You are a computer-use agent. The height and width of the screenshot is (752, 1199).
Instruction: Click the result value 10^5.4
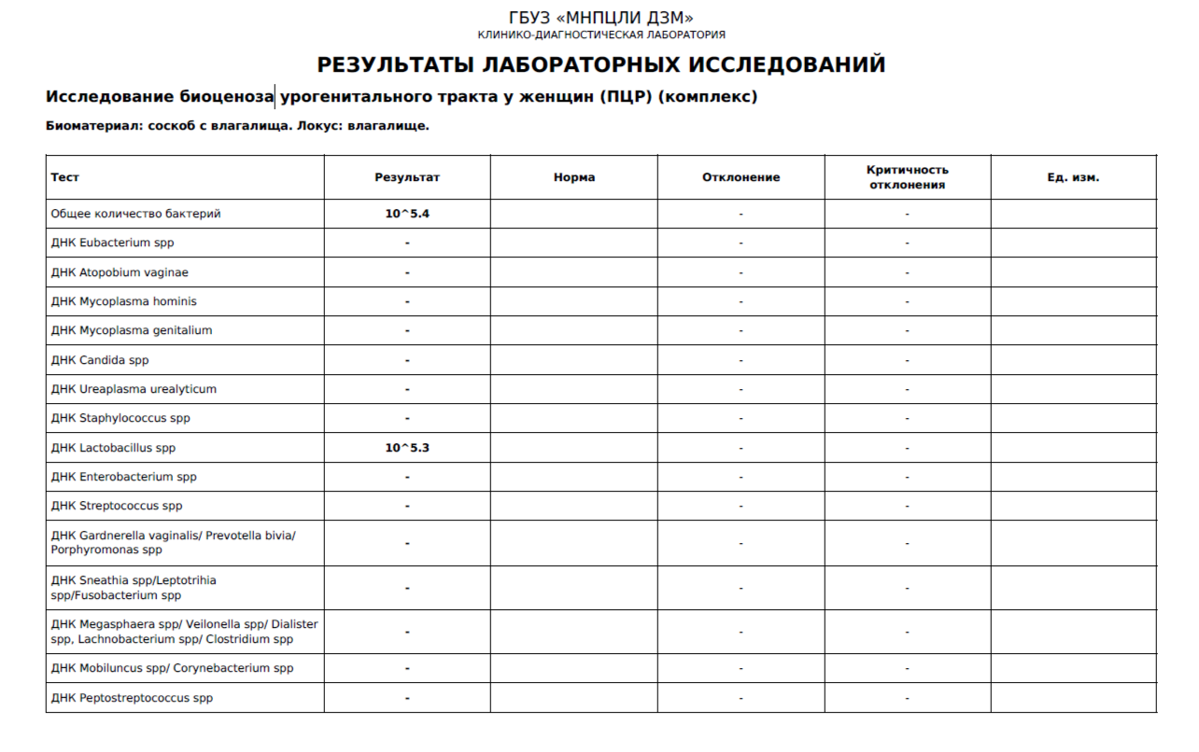point(407,214)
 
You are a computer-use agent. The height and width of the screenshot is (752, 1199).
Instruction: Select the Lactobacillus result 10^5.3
point(407,448)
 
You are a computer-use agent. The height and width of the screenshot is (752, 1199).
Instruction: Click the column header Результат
point(407,177)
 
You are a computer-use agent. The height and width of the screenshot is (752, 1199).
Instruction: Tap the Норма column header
point(573,177)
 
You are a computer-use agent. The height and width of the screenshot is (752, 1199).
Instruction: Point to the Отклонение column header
point(741,177)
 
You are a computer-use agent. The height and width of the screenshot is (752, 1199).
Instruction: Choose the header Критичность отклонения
point(907,177)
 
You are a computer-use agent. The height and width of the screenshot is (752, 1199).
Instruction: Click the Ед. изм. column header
point(1073,177)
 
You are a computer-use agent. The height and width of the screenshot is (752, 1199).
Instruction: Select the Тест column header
point(65,177)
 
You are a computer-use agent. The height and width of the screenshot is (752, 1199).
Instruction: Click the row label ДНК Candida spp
point(100,360)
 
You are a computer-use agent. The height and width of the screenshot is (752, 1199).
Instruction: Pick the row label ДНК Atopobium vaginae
point(120,272)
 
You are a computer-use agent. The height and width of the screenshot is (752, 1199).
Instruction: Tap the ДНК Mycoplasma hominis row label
point(124,301)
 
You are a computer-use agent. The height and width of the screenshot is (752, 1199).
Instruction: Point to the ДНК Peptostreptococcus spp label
point(132,698)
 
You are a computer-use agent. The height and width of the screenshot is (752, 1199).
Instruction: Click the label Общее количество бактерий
point(135,214)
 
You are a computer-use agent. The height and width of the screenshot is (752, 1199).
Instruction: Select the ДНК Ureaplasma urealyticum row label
point(134,389)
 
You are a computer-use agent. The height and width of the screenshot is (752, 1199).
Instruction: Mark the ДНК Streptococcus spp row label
point(117,506)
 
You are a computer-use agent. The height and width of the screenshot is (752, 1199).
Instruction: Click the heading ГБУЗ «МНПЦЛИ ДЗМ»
point(600,18)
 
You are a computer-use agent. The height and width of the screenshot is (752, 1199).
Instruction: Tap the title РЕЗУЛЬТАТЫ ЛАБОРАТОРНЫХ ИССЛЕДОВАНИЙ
point(600,64)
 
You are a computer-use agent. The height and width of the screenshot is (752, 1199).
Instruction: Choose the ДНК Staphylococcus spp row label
point(120,418)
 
